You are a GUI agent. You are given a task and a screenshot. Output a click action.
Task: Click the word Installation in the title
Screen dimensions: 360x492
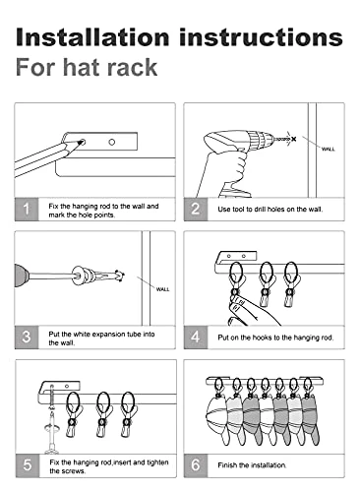[92, 36]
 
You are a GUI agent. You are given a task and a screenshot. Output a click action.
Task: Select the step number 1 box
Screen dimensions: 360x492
[27, 209]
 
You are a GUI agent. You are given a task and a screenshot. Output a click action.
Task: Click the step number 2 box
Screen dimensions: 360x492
[196, 209]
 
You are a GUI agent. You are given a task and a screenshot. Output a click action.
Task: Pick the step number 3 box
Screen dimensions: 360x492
[27, 338]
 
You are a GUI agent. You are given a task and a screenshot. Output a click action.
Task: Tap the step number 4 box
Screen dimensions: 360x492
[196, 338]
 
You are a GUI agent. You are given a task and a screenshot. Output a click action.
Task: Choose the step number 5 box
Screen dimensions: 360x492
[28, 465]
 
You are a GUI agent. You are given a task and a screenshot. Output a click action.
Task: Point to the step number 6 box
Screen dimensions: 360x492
[196, 465]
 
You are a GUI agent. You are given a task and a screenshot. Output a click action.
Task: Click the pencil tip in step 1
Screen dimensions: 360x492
[80, 143]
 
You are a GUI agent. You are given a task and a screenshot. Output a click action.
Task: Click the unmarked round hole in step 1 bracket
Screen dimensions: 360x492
[112, 142]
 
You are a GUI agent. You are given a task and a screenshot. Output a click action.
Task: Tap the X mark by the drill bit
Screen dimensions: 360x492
[293, 139]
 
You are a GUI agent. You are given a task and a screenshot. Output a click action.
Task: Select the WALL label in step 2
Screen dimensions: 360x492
[329, 150]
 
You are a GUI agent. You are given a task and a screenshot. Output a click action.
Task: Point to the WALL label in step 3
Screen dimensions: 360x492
[162, 289]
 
